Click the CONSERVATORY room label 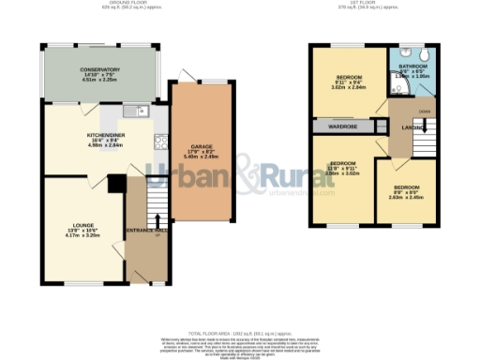coord(99,69)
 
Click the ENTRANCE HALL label coord(148,231)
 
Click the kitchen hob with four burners coord(159,142)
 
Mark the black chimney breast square coord(114,183)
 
